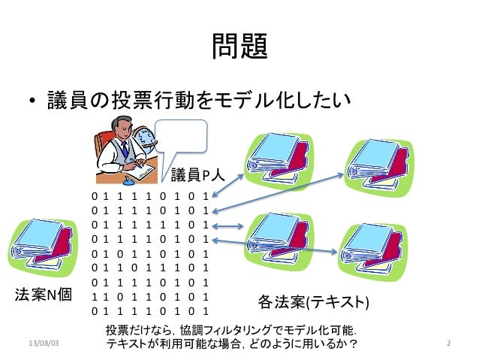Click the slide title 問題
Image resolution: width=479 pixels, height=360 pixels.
pos(239,48)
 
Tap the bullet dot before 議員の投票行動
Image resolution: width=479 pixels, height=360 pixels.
pos(33,101)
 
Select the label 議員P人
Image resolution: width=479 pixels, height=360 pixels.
pos(194,176)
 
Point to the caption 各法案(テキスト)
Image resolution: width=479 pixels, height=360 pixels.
pos(313,302)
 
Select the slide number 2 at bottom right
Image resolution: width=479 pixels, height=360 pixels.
pos(447,343)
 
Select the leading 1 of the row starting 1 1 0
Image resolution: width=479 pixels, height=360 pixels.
pos(94,297)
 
